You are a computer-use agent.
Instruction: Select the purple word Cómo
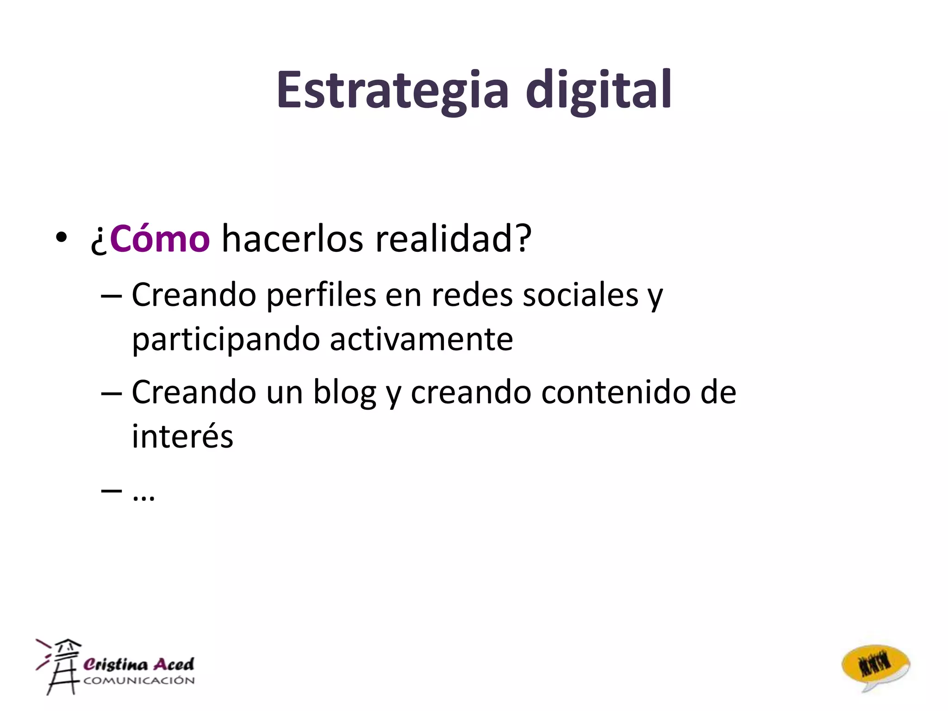(160, 239)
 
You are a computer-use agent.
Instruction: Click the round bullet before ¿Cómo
(61, 237)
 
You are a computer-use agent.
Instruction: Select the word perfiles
(321, 295)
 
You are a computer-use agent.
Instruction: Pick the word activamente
(421, 339)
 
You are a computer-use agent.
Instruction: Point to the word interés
(182, 436)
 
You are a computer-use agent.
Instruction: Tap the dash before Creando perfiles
(111, 295)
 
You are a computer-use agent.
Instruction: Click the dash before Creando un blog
(111, 393)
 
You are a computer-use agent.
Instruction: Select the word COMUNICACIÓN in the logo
(139, 680)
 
